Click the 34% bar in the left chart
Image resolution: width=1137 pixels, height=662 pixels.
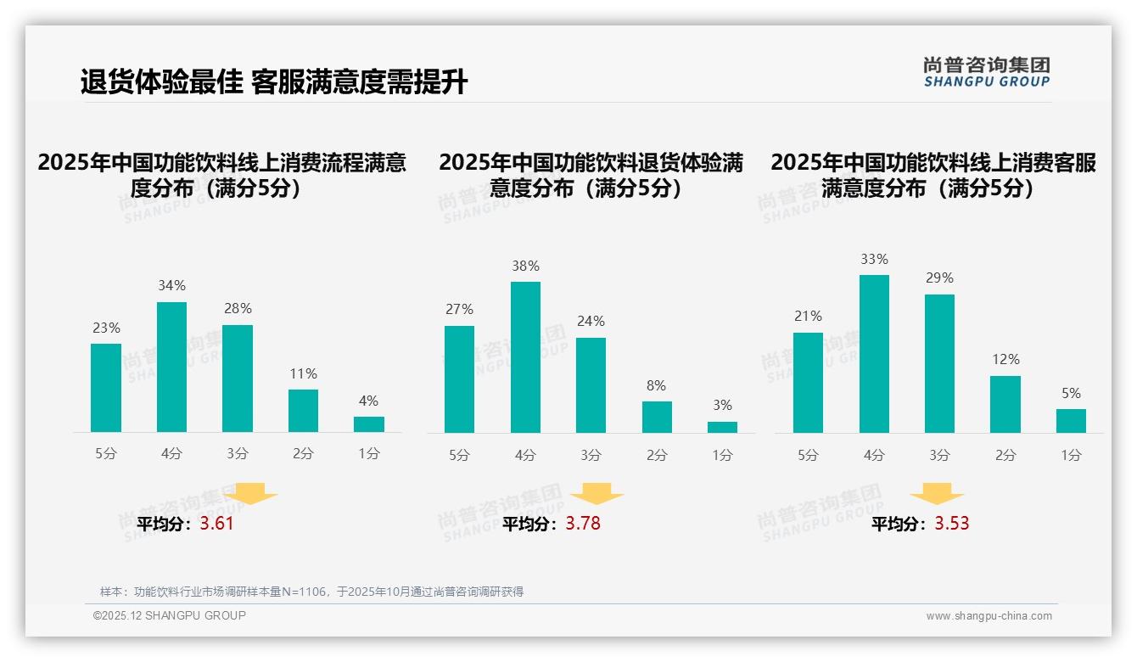pyautogui.click(x=171, y=367)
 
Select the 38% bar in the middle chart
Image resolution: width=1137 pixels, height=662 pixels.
pyautogui.click(x=525, y=357)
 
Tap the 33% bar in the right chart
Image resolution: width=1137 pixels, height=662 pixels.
pyautogui.click(x=874, y=354)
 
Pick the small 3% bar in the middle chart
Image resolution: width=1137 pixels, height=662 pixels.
pyautogui.click(x=722, y=427)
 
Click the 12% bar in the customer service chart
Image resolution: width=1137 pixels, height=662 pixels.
pyautogui.click(x=1005, y=404)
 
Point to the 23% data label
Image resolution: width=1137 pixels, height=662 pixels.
pyautogui.click(x=106, y=328)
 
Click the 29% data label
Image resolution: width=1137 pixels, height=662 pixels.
pyautogui.click(x=939, y=278)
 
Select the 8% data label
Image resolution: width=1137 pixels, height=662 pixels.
pyautogui.click(x=657, y=385)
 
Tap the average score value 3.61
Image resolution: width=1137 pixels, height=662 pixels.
pyautogui.click(x=216, y=524)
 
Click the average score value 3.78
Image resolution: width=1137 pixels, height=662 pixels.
pyautogui.click(x=583, y=524)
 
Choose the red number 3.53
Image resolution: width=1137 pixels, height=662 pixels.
pyautogui.click(x=952, y=524)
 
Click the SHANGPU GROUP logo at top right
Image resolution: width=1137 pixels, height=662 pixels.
pyautogui.click(x=986, y=72)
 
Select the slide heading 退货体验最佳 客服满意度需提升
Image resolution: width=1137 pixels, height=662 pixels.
pyautogui.click(x=273, y=82)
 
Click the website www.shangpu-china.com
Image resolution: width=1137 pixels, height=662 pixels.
pyautogui.click(x=989, y=616)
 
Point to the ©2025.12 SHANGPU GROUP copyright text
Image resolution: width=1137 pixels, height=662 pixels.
pyautogui.click(x=170, y=615)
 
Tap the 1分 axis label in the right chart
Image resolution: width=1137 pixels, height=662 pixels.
pyautogui.click(x=1071, y=455)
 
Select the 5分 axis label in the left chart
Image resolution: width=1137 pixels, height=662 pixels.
pyautogui.click(x=106, y=454)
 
